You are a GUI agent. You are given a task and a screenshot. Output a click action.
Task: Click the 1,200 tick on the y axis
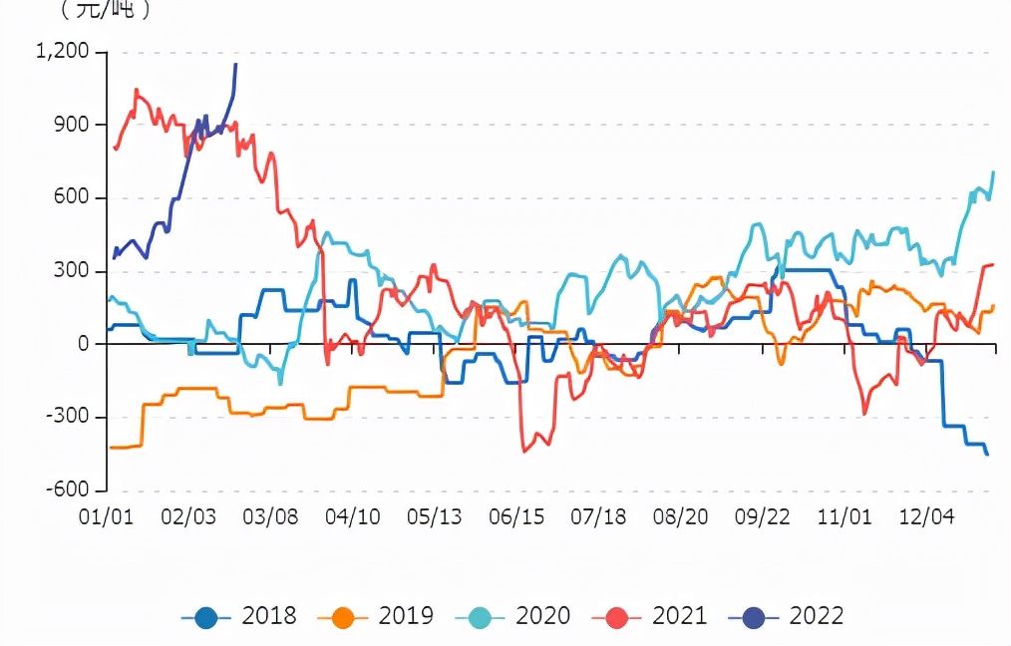(x=62, y=52)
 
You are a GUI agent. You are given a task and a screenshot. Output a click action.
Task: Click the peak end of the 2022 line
(x=235, y=64)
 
